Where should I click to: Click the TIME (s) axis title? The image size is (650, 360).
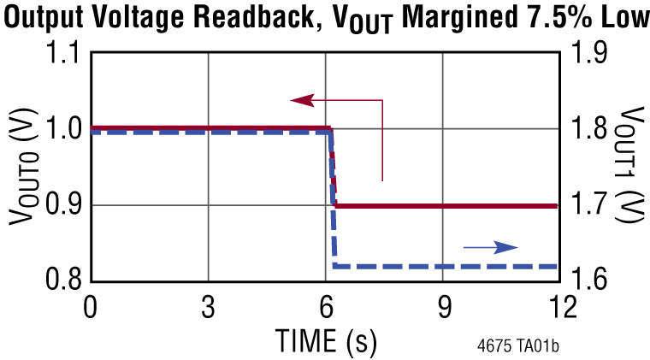tap(326, 340)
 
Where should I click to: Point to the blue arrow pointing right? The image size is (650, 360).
tap(492, 247)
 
